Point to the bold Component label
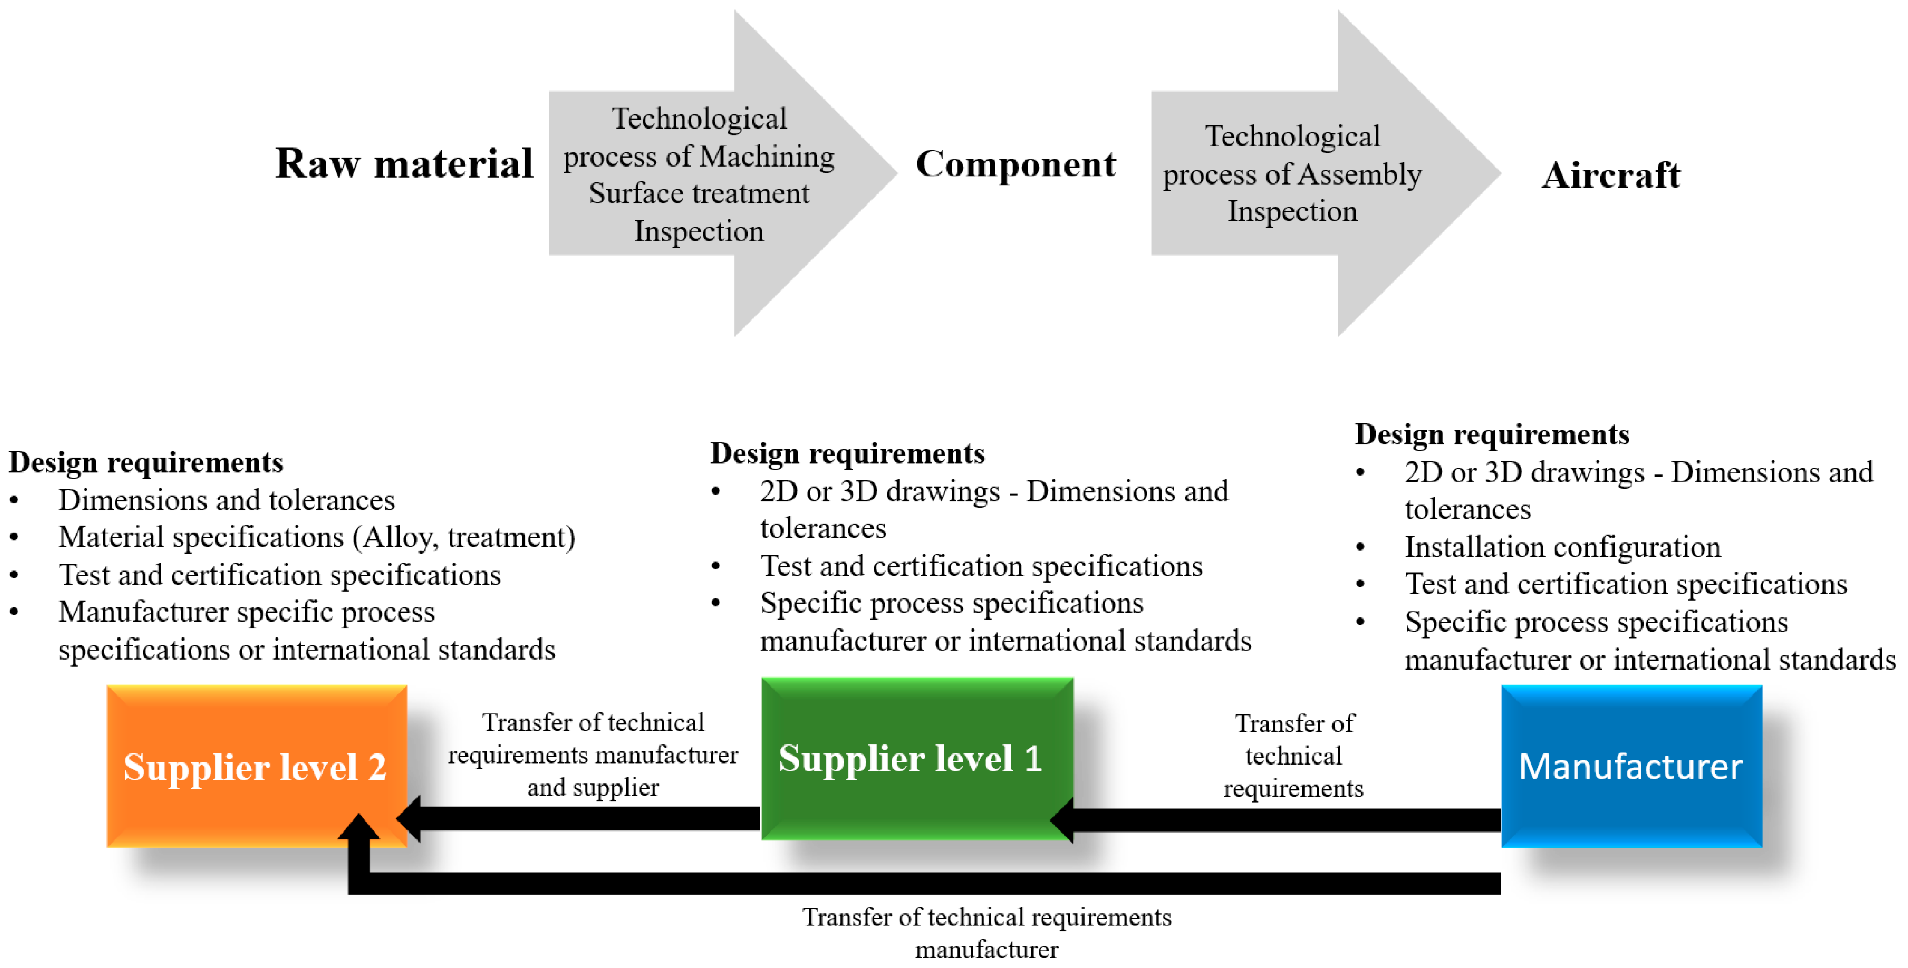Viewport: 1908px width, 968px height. pos(1016,164)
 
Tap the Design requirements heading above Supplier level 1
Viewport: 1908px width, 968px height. pos(847,453)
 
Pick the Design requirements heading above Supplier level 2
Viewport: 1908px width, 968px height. pos(146,463)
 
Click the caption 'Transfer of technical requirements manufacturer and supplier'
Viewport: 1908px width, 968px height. pos(593,755)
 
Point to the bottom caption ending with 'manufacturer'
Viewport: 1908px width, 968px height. pos(986,933)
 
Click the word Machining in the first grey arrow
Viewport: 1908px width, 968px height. pos(766,156)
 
